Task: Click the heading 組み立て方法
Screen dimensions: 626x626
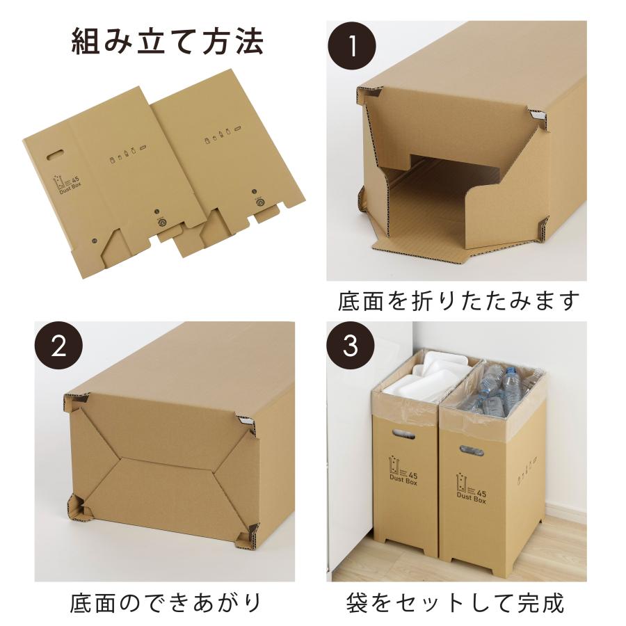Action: point(168,42)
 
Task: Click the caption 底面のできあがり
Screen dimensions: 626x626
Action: point(166,602)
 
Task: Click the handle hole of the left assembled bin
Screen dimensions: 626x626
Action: point(403,436)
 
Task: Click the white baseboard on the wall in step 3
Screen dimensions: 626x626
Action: point(563,511)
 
